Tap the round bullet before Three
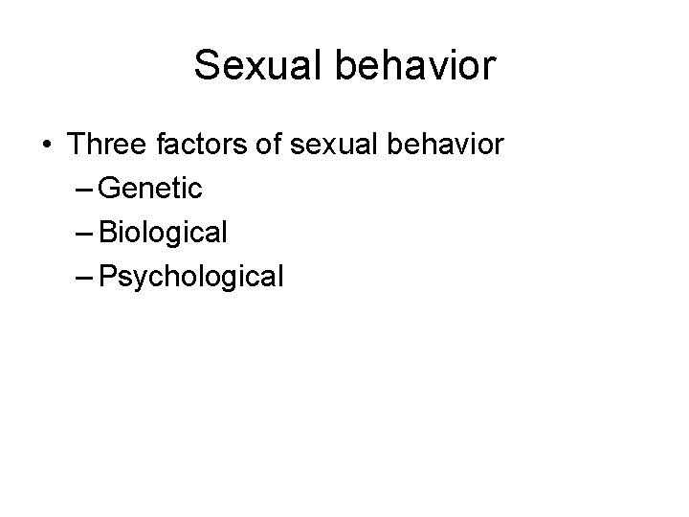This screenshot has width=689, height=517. pos(47,146)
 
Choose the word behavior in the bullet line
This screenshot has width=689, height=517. pos(446,146)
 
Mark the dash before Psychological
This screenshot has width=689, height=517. pos(82,278)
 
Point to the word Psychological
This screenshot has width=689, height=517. pos(191,278)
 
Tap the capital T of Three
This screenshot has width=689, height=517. pos(76,146)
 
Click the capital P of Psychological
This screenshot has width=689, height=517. pos(106,278)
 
